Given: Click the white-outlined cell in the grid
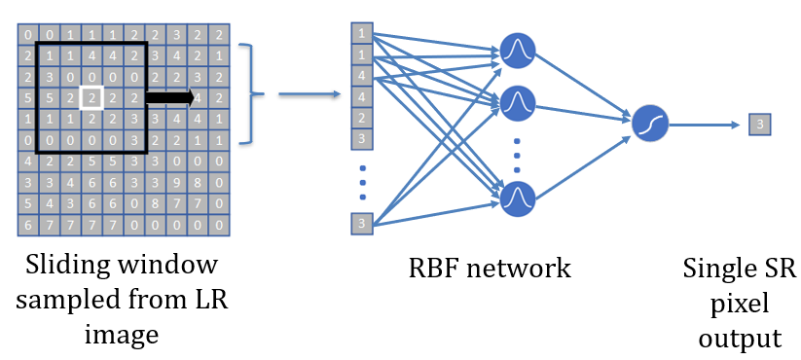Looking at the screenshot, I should (91, 97).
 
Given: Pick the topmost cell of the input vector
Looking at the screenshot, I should (362, 33).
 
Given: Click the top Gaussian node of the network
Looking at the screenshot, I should (518, 51).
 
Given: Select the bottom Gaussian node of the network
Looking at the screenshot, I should (518, 198).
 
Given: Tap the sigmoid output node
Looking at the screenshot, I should (648, 124).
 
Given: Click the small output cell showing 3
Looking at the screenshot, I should (760, 124).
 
